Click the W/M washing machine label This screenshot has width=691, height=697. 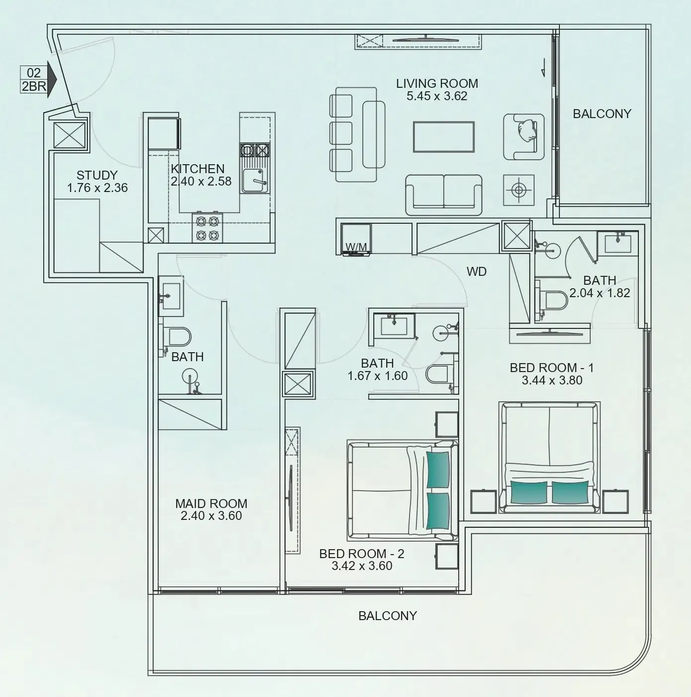[x=356, y=247]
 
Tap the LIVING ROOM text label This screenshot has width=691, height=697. [x=437, y=83]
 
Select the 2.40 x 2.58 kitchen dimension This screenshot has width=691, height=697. [x=201, y=182]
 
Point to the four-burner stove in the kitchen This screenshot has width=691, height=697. [x=207, y=228]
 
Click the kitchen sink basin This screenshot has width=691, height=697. [x=255, y=181]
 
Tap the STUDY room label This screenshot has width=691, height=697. [x=97, y=175]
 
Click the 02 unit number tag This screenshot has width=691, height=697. [x=34, y=73]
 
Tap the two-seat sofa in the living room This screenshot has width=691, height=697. [x=443, y=194]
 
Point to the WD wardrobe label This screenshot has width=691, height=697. [x=477, y=271]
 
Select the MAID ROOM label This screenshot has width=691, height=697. [x=211, y=504]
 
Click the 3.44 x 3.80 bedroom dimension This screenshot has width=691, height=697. [x=552, y=380]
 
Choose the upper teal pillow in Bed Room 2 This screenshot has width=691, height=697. [x=438, y=469]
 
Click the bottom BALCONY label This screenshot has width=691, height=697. [x=388, y=616]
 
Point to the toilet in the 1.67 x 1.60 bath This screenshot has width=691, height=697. [x=439, y=375]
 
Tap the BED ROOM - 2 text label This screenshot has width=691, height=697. [x=362, y=554]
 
